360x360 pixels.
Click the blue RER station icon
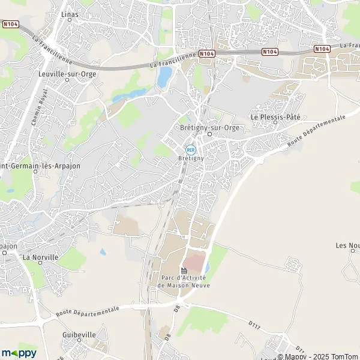(191, 150)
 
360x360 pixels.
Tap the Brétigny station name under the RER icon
(191, 158)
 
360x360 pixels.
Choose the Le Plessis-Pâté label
(275, 117)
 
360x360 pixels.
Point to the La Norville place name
(40, 257)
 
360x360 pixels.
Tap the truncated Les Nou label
(347, 245)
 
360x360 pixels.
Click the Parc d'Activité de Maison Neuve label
(184, 281)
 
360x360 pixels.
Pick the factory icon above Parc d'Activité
(184, 271)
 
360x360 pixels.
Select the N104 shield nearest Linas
(11, 25)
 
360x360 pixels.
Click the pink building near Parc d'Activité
(193, 262)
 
